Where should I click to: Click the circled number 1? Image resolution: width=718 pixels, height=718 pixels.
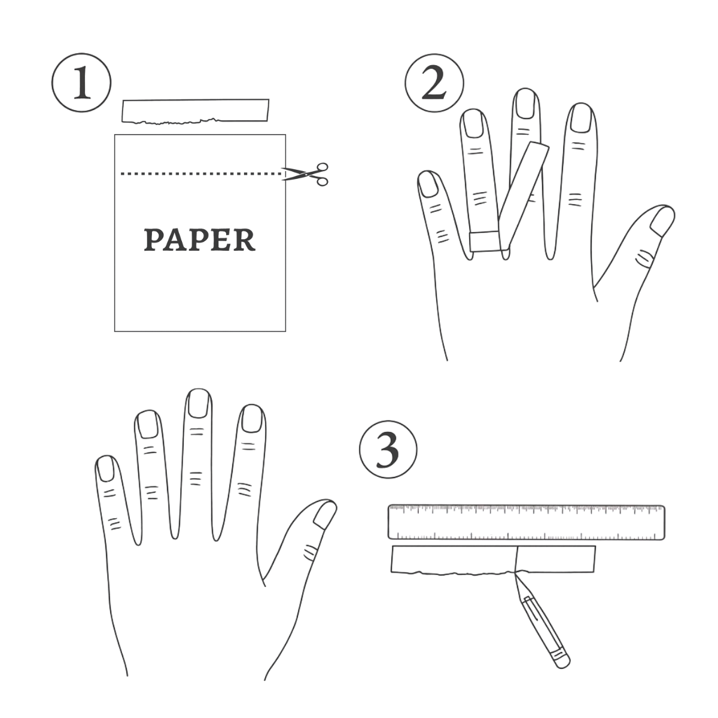(x=81, y=83)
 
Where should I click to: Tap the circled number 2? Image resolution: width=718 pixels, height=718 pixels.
(x=434, y=83)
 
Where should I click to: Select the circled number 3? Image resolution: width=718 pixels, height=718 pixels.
(x=388, y=450)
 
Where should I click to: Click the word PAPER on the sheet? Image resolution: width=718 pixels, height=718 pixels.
(x=200, y=240)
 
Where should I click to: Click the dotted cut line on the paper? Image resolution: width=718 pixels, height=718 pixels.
(x=201, y=174)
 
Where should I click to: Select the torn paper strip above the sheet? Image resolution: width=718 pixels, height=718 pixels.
(x=195, y=111)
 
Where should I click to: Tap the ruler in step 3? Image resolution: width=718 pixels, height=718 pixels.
(x=526, y=522)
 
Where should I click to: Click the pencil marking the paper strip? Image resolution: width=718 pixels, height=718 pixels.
(x=542, y=618)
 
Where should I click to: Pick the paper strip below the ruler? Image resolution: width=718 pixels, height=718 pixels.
(x=492, y=560)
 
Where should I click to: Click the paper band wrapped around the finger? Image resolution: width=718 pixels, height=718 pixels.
(x=485, y=241)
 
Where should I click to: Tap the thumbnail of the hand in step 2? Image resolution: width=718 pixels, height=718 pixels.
(x=662, y=221)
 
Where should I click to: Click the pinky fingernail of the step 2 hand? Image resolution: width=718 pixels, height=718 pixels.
(x=430, y=185)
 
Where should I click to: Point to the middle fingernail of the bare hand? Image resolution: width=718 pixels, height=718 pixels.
(x=198, y=403)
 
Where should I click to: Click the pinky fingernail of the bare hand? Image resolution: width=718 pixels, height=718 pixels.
(x=106, y=468)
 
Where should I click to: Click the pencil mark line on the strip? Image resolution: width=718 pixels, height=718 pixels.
(x=517, y=559)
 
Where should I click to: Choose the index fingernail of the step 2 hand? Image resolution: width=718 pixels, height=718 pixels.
(x=581, y=118)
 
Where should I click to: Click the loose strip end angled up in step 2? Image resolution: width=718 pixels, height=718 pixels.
(x=524, y=196)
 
